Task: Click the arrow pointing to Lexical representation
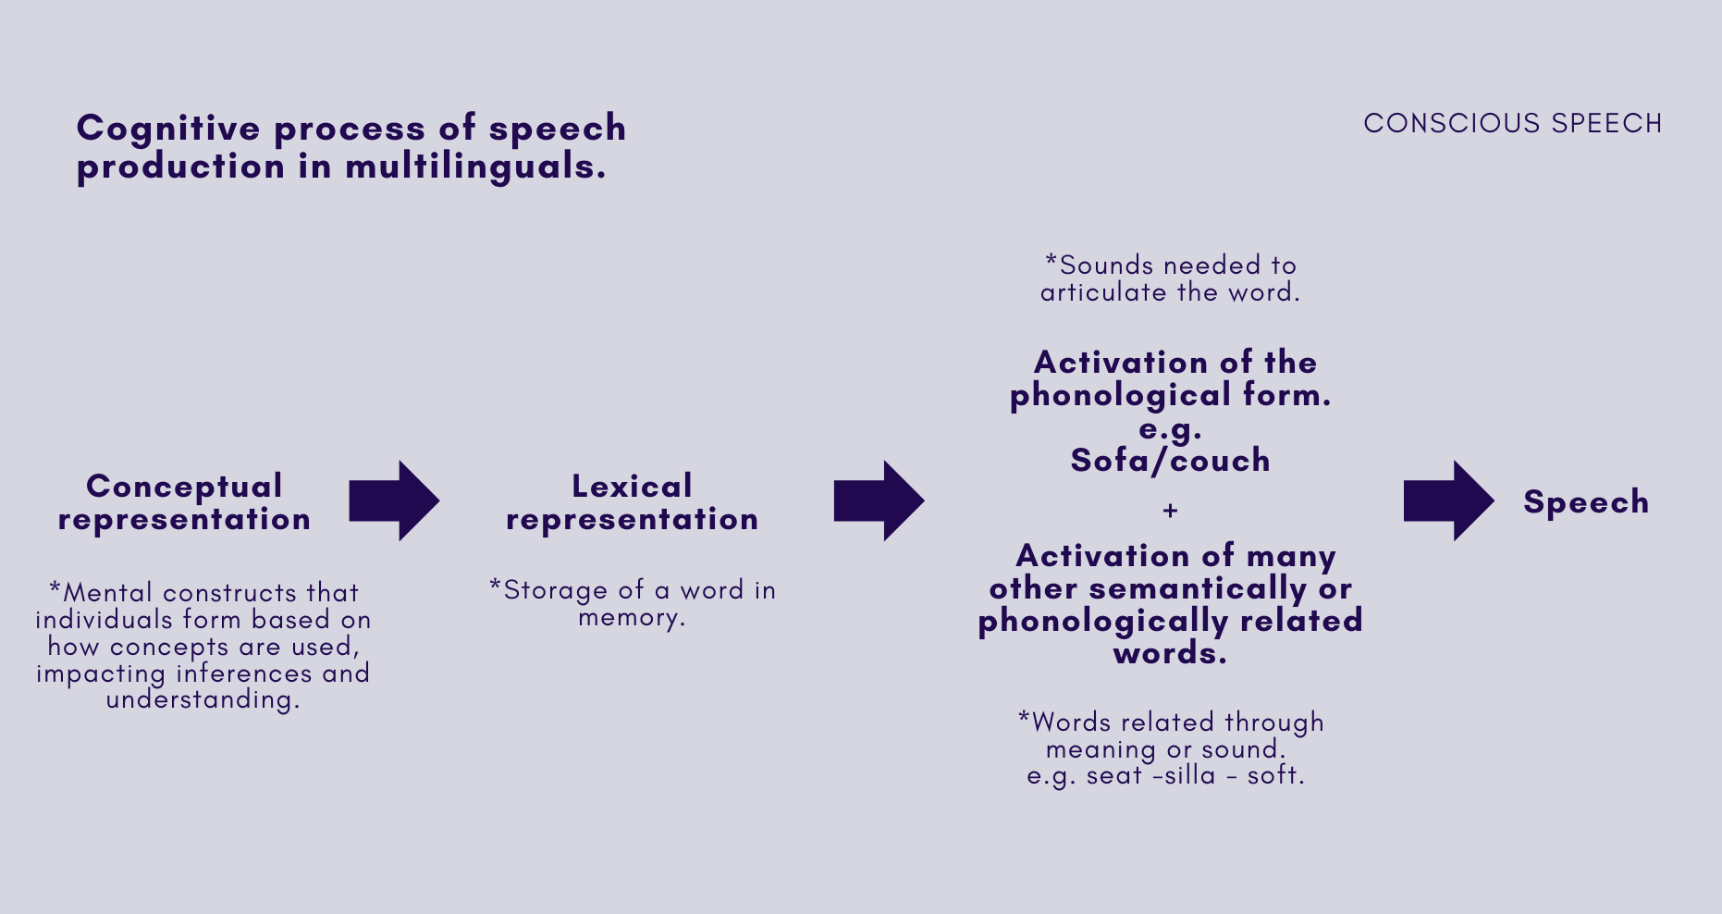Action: [393, 500]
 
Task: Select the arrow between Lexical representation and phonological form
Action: [878, 500]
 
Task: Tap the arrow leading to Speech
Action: [1447, 500]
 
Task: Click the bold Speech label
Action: [1586, 501]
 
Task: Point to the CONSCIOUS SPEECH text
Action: [1513, 123]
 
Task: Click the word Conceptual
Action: [184, 486]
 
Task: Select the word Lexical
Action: [632, 486]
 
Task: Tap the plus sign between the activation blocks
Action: [1170, 511]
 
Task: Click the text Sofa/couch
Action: [1170, 460]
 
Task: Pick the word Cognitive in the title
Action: [168, 129]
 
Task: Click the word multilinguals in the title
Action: [475, 167]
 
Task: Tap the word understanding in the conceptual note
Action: [202, 699]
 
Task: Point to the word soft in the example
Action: [1273, 775]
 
